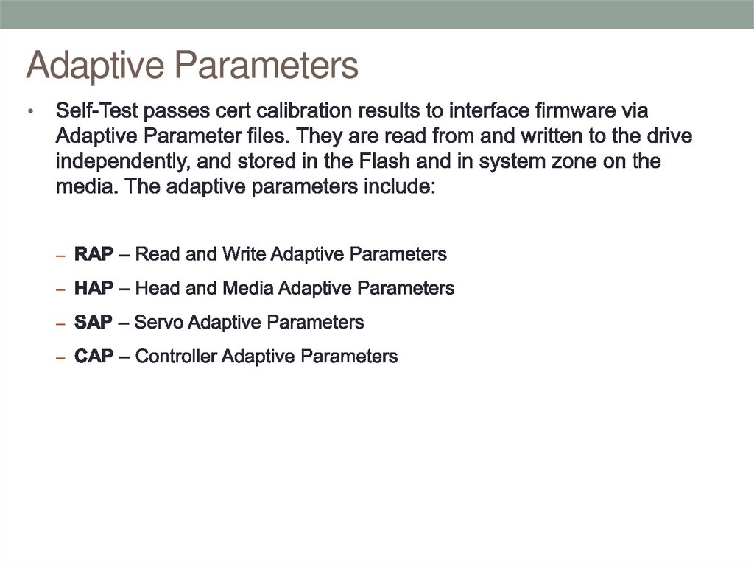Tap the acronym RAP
pyautogui.click(x=94, y=255)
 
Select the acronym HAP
pyautogui.click(x=94, y=289)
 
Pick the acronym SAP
pyautogui.click(x=94, y=323)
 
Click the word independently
pyautogui.click(x=123, y=161)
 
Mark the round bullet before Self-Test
pyautogui.click(x=31, y=113)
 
